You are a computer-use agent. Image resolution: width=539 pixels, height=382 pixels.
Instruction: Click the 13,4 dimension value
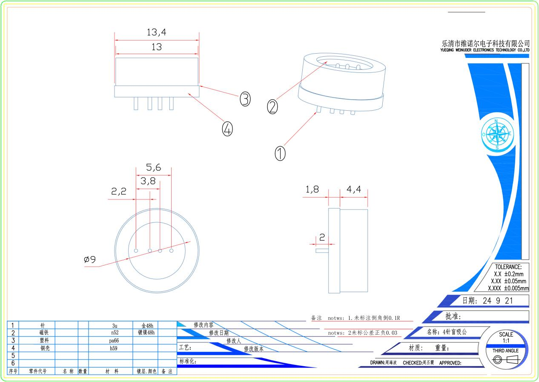156,32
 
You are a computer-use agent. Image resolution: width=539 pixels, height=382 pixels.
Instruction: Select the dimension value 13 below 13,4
156,47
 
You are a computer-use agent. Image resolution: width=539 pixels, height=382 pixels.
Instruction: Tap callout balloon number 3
245,99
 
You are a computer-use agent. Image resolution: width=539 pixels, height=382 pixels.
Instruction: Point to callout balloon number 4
227,129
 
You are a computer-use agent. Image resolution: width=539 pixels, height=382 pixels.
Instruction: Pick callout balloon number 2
272,107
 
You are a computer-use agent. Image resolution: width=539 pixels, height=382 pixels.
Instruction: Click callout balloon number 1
280,153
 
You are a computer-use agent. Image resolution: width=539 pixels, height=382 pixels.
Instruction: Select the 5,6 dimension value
153,167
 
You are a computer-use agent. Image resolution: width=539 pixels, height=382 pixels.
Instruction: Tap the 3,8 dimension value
148,181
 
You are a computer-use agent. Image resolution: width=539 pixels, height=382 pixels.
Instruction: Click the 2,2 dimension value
119,192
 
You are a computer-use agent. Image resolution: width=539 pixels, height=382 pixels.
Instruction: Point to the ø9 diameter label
90,259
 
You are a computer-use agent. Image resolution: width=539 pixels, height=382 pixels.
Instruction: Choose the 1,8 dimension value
312,190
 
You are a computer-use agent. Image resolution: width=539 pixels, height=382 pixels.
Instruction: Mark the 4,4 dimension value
354,190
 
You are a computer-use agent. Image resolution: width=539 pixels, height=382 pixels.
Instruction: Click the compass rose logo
497,134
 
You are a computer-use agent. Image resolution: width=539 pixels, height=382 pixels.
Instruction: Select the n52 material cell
115,333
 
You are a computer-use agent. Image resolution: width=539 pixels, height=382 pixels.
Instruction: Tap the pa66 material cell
114,340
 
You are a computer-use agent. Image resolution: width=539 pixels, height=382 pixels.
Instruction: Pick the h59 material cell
113,348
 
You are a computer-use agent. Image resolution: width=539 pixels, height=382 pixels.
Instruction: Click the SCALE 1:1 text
506,337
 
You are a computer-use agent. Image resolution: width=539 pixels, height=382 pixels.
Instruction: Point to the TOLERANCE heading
508,267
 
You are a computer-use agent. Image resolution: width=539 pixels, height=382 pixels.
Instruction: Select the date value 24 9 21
498,301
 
